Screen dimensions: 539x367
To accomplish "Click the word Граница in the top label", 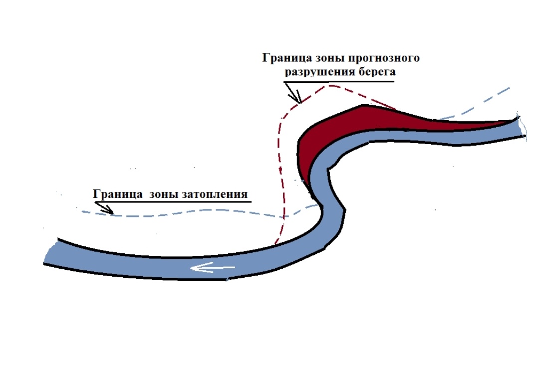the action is [283, 58].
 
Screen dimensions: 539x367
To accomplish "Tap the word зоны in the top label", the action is [324, 58].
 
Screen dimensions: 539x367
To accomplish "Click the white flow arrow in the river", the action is [212, 269].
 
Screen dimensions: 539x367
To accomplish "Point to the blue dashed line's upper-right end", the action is [509, 88].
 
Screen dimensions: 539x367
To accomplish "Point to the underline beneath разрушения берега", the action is [339, 80].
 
